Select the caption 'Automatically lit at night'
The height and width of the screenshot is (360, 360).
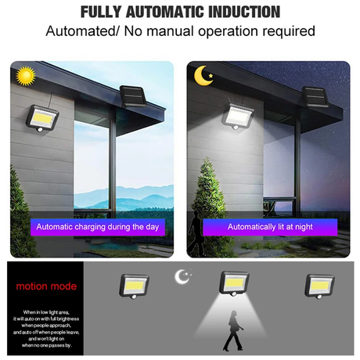[x=270, y=227]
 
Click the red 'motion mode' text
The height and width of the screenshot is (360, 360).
[x=47, y=286]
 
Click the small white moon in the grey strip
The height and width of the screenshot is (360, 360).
[x=183, y=276]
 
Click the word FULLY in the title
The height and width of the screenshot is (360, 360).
[x=103, y=12]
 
